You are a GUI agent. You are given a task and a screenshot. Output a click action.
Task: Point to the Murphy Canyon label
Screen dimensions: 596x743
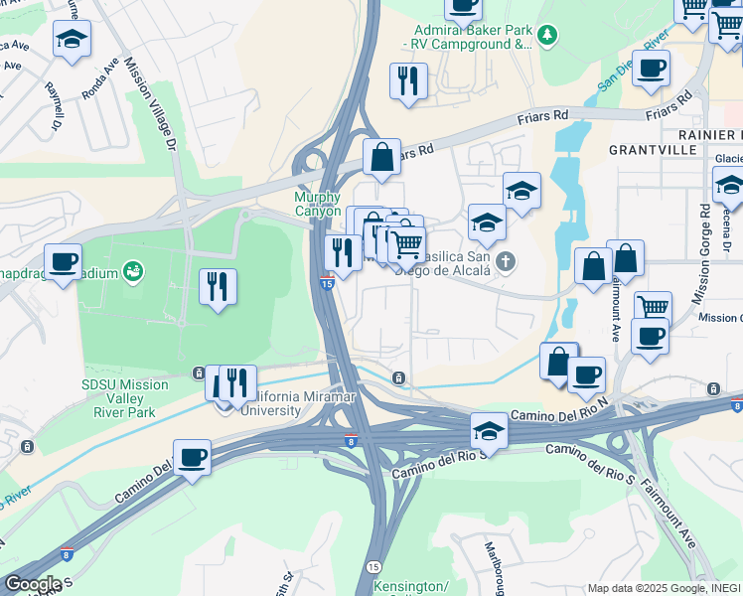click(317, 204)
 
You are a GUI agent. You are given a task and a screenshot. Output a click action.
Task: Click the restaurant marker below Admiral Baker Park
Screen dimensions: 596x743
click(408, 81)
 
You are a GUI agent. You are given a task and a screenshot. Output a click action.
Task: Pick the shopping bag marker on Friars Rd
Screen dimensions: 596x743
click(381, 156)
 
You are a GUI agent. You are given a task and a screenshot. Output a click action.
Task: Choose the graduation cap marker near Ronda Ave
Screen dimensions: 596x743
click(71, 39)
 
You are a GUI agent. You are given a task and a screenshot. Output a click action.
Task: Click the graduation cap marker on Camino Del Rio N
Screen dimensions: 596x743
click(489, 430)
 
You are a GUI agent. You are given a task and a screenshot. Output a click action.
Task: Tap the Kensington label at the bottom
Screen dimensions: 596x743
click(410, 586)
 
